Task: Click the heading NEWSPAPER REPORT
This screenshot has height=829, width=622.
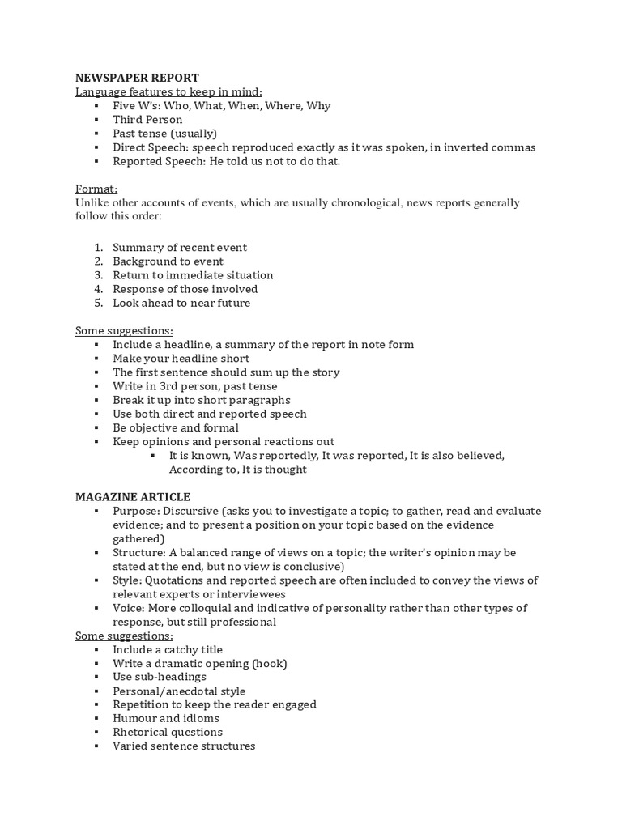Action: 137,78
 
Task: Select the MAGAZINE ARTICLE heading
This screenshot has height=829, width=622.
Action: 133,497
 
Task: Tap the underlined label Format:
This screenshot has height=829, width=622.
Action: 96,189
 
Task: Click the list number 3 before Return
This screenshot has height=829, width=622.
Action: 98,275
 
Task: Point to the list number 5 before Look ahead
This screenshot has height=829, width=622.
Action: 98,303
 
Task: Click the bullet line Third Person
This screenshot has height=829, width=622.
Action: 147,120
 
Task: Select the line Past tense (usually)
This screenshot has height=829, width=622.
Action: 164,134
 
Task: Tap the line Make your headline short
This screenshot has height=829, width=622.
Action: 181,359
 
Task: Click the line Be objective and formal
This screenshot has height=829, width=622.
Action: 176,427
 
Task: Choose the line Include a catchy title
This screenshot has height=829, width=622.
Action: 168,649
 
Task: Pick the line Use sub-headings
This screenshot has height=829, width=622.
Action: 160,677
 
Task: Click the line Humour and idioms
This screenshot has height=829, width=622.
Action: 166,718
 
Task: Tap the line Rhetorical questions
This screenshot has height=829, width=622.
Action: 168,732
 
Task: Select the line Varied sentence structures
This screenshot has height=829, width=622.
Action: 184,746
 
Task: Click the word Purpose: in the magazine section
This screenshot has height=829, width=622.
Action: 136,512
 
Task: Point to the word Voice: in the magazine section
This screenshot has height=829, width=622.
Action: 130,608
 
